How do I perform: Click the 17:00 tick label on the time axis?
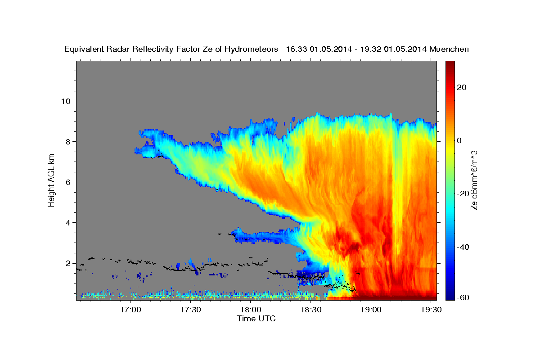pyautogui.click(x=130, y=310)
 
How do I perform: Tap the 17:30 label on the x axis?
pyautogui.click(x=190, y=310)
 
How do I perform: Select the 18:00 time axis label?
pyautogui.click(x=251, y=310)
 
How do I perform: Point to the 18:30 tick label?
pyautogui.click(x=311, y=310)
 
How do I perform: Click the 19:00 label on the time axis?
pyautogui.click(x=371, y=310)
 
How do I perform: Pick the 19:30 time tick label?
pyautogui.click(x=431, y=310)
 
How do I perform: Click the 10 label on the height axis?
pyautogui.click(x=66, y=101)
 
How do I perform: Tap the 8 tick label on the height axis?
pyautogui.click(x=68, y=142)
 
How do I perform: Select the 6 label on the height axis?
pyautogui.click(x=68, y=182)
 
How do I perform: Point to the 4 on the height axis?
pyautogui.click(x=68, y=223)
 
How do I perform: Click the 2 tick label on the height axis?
pyautogui.click(x=68, y=263)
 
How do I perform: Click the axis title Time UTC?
pyautogui.click(x=256, y=319)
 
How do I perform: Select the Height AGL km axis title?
pyautogui.click(x=51, y=180)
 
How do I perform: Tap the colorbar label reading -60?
pyautogui.click(x=463, y=298)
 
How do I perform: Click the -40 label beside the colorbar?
pyautogui.click(x=463, y=247)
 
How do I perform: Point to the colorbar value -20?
pyautogui.click(x=463, y=194)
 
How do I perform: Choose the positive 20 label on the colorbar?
pyautogui.click(x=462, y=88)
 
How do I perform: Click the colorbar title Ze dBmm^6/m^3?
pyautogui.click(x=474, y=180)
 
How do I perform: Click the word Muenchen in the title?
pyautogui.click(x=449, y=49)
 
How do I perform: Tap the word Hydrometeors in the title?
pyautogui.click(x=251, y=49)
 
